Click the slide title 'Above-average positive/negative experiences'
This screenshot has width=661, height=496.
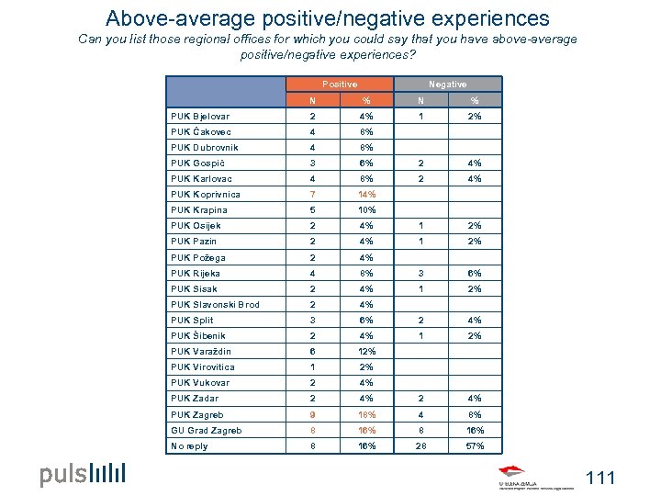(x=327, y=18)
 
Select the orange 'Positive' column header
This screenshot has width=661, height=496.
(x=340, y=84)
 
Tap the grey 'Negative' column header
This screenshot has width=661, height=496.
(x=447, y=84)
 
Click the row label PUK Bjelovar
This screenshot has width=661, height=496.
(x=200, y=117)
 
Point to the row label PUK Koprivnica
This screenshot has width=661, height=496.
(x=206, y=195)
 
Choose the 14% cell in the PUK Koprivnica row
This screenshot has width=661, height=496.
(x=366, y=195)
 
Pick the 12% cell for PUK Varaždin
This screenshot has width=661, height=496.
(x=366, y=352)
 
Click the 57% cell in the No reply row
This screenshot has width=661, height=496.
(x=475, y=446)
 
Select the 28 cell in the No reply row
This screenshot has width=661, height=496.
(x=420, y=446)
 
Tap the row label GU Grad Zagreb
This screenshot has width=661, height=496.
(x=206, y=430)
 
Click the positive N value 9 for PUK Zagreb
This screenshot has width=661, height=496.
(x=312, y=414)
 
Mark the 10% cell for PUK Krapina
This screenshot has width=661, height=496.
(x=366, y=210)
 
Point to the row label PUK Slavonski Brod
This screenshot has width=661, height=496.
(x=215, y=305)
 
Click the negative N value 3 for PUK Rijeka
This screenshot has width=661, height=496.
(x=420, y=273)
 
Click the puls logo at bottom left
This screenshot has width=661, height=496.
(x=82, y=475)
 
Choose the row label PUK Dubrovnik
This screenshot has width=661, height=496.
(x=205, y=148)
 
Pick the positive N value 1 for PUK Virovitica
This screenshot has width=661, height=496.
(x=312, y=367)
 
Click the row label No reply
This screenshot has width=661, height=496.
(x=189, y=446)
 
